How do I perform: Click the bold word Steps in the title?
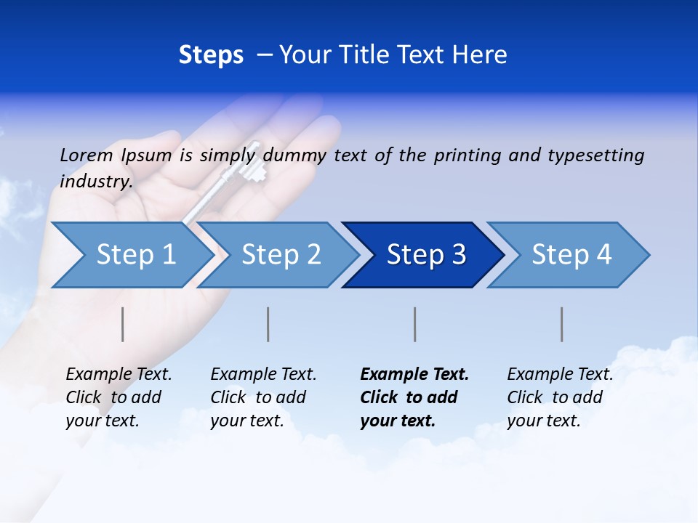[211, 54]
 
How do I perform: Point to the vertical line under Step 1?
[123, 324]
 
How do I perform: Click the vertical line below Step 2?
[268, 324]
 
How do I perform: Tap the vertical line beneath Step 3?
[414, 324]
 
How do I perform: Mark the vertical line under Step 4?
[561, 324]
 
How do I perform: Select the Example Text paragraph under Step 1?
[119, 397]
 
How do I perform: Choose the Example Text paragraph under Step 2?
[263, 397]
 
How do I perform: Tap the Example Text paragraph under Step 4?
[560, 397]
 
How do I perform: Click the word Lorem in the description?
[86, 155]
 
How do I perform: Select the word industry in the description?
[95, 182]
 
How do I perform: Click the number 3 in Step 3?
[458, 255]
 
